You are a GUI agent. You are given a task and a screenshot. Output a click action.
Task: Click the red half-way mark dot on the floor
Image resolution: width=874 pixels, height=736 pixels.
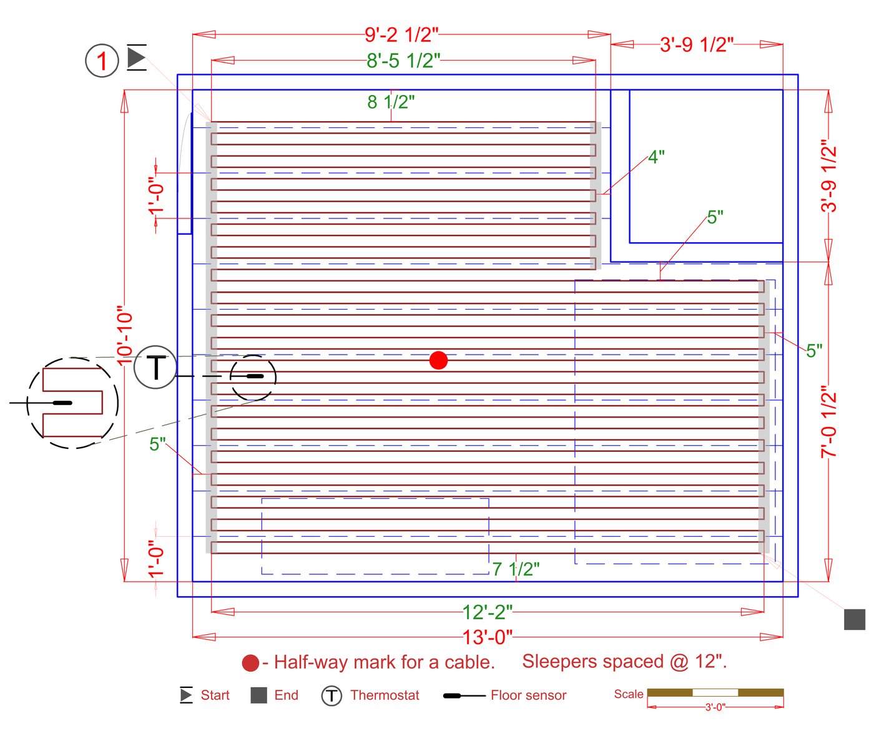tap(438, 360)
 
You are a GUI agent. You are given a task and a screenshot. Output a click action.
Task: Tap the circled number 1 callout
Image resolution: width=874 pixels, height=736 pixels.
tap(102, 61)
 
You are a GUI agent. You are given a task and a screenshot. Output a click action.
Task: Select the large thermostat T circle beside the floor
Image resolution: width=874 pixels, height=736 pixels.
tap(155, 367)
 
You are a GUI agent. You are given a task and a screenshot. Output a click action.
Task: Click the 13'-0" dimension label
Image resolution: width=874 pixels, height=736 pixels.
tap(487, 637)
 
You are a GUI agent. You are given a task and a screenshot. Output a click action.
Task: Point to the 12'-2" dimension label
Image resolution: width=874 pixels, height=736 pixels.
tap(487, 612)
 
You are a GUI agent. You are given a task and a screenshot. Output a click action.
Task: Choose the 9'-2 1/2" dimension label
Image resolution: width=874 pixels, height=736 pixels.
tap(401, 35)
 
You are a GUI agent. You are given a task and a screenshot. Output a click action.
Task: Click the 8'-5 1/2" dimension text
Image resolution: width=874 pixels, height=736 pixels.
tap(403, 61)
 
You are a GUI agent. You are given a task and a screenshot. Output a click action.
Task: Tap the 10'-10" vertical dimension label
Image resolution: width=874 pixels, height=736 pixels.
tap(125, 335)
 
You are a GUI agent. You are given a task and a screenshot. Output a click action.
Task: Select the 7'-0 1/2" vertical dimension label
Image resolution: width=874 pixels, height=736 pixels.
tap(828, 422)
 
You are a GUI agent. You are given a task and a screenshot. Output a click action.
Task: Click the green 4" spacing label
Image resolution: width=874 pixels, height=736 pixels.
tap(656, 157)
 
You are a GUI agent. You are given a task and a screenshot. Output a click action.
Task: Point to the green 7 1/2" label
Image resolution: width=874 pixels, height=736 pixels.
tap(516, 569)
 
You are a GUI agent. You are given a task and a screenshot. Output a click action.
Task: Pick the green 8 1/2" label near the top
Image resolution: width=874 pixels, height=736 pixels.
tap(391, 102)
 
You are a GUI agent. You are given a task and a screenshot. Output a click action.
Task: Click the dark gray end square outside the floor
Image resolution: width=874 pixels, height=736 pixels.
tap(854, 619)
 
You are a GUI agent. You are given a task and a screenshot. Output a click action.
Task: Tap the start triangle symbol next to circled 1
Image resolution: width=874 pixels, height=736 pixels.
tap(136, 57)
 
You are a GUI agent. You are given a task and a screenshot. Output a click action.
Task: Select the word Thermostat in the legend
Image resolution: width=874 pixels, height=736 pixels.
tap(385, 695)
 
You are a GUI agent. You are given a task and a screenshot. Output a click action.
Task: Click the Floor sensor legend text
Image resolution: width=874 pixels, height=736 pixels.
tap(528, 695)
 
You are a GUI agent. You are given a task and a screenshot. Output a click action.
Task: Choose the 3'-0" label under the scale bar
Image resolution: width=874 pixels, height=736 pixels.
tap(715, 707)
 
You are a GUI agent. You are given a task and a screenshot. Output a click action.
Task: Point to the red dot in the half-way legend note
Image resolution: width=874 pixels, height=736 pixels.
tap(250, 663)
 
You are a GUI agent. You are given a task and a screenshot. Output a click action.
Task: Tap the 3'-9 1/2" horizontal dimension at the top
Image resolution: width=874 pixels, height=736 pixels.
tap(697, 45)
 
